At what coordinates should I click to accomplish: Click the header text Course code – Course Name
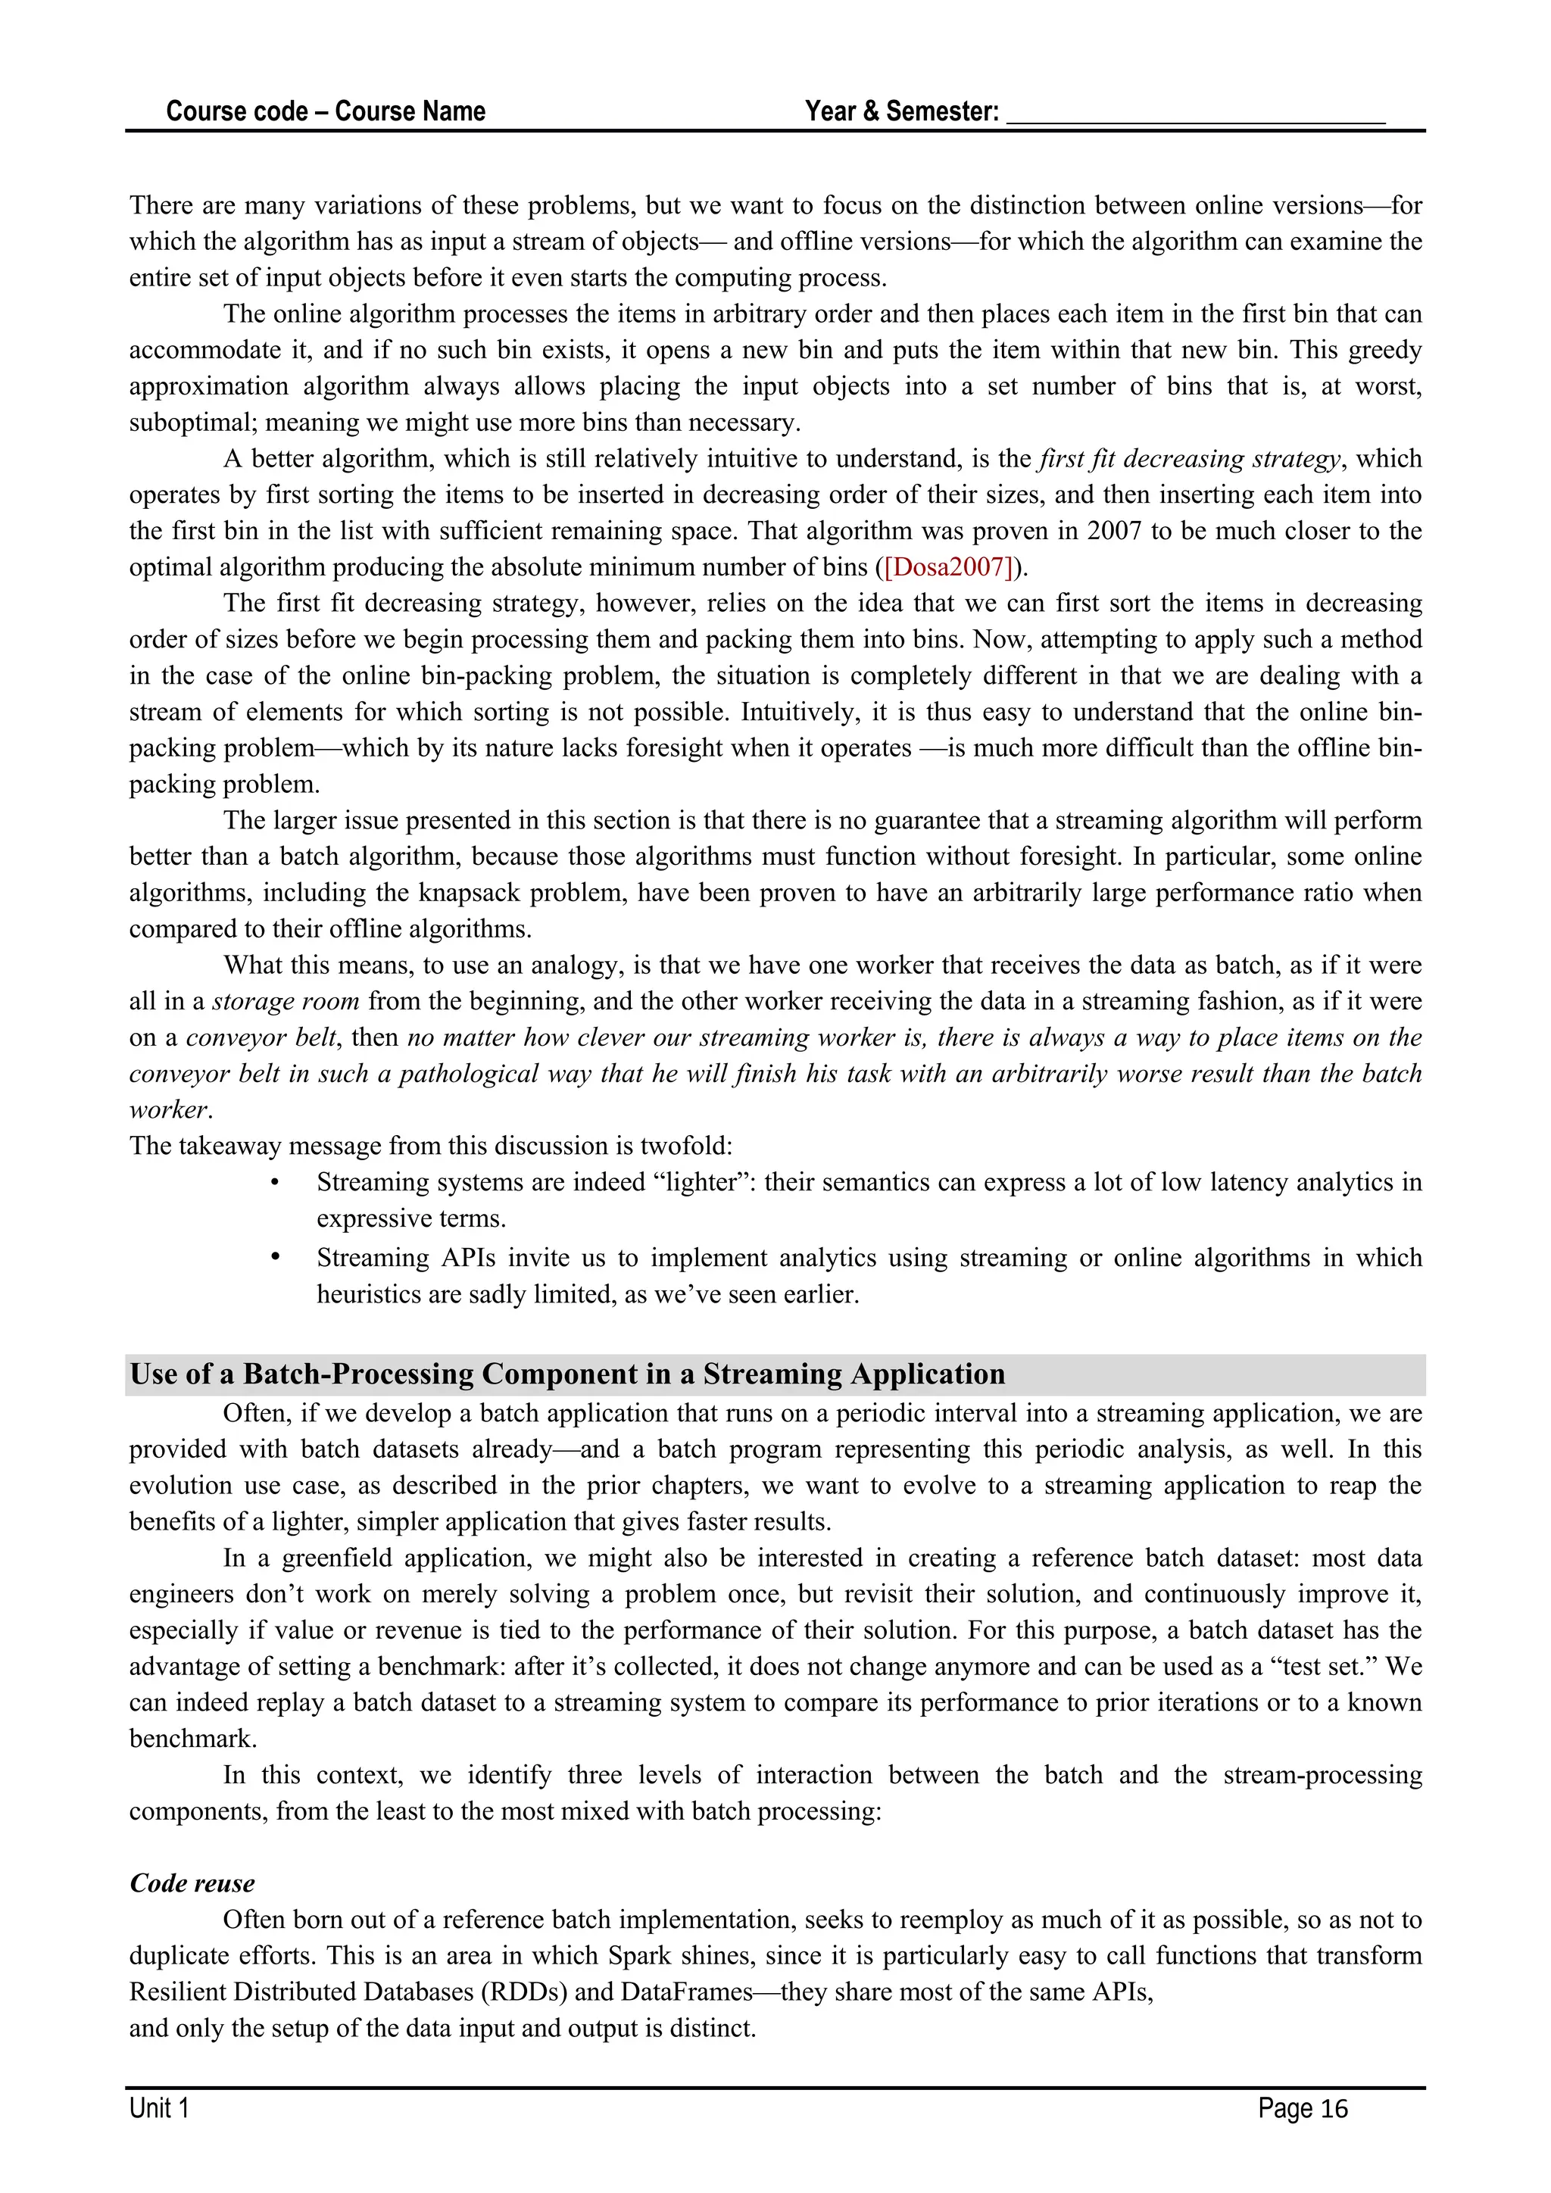pos(326,112)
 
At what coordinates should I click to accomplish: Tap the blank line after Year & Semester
pos(1195,114)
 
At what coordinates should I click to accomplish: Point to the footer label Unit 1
pos(160,2108)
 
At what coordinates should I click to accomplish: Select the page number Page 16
pos(1302,2108)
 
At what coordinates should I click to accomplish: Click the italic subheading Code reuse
pos(192,1883)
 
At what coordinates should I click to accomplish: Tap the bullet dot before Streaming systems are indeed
pos(274,1184)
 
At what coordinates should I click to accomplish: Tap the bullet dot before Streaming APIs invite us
pos(274,1258)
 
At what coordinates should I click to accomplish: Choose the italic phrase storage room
pos(286,1001)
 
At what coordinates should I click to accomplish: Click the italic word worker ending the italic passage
pos(168,1110)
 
